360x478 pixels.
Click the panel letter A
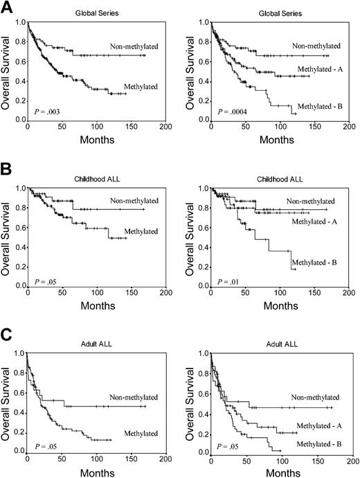click(x=6, y=6)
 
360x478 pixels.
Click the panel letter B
click(x=6, y=168)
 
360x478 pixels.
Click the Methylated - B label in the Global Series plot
click(x=321, y=107)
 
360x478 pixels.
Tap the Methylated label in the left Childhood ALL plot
click(x=132, y=232)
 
